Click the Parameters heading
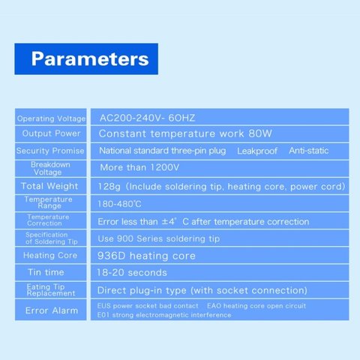coord(90,59)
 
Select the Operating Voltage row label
coord(51,118)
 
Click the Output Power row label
coord(51,133)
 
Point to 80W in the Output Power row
coord(260,133)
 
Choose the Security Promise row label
coord(50,151)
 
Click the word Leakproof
coord(257,151)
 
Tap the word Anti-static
coord(309,151)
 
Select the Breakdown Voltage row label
coord(50,168)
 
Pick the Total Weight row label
coord(49,186)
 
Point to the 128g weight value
coord(109,187)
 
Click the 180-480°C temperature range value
coord(119,204)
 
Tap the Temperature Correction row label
coord(48,220)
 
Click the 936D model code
coord(112,256)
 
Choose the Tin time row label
coord(46,272)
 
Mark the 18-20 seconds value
coord(132,272)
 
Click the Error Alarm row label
coord(52,310)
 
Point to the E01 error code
coord(103,315)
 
